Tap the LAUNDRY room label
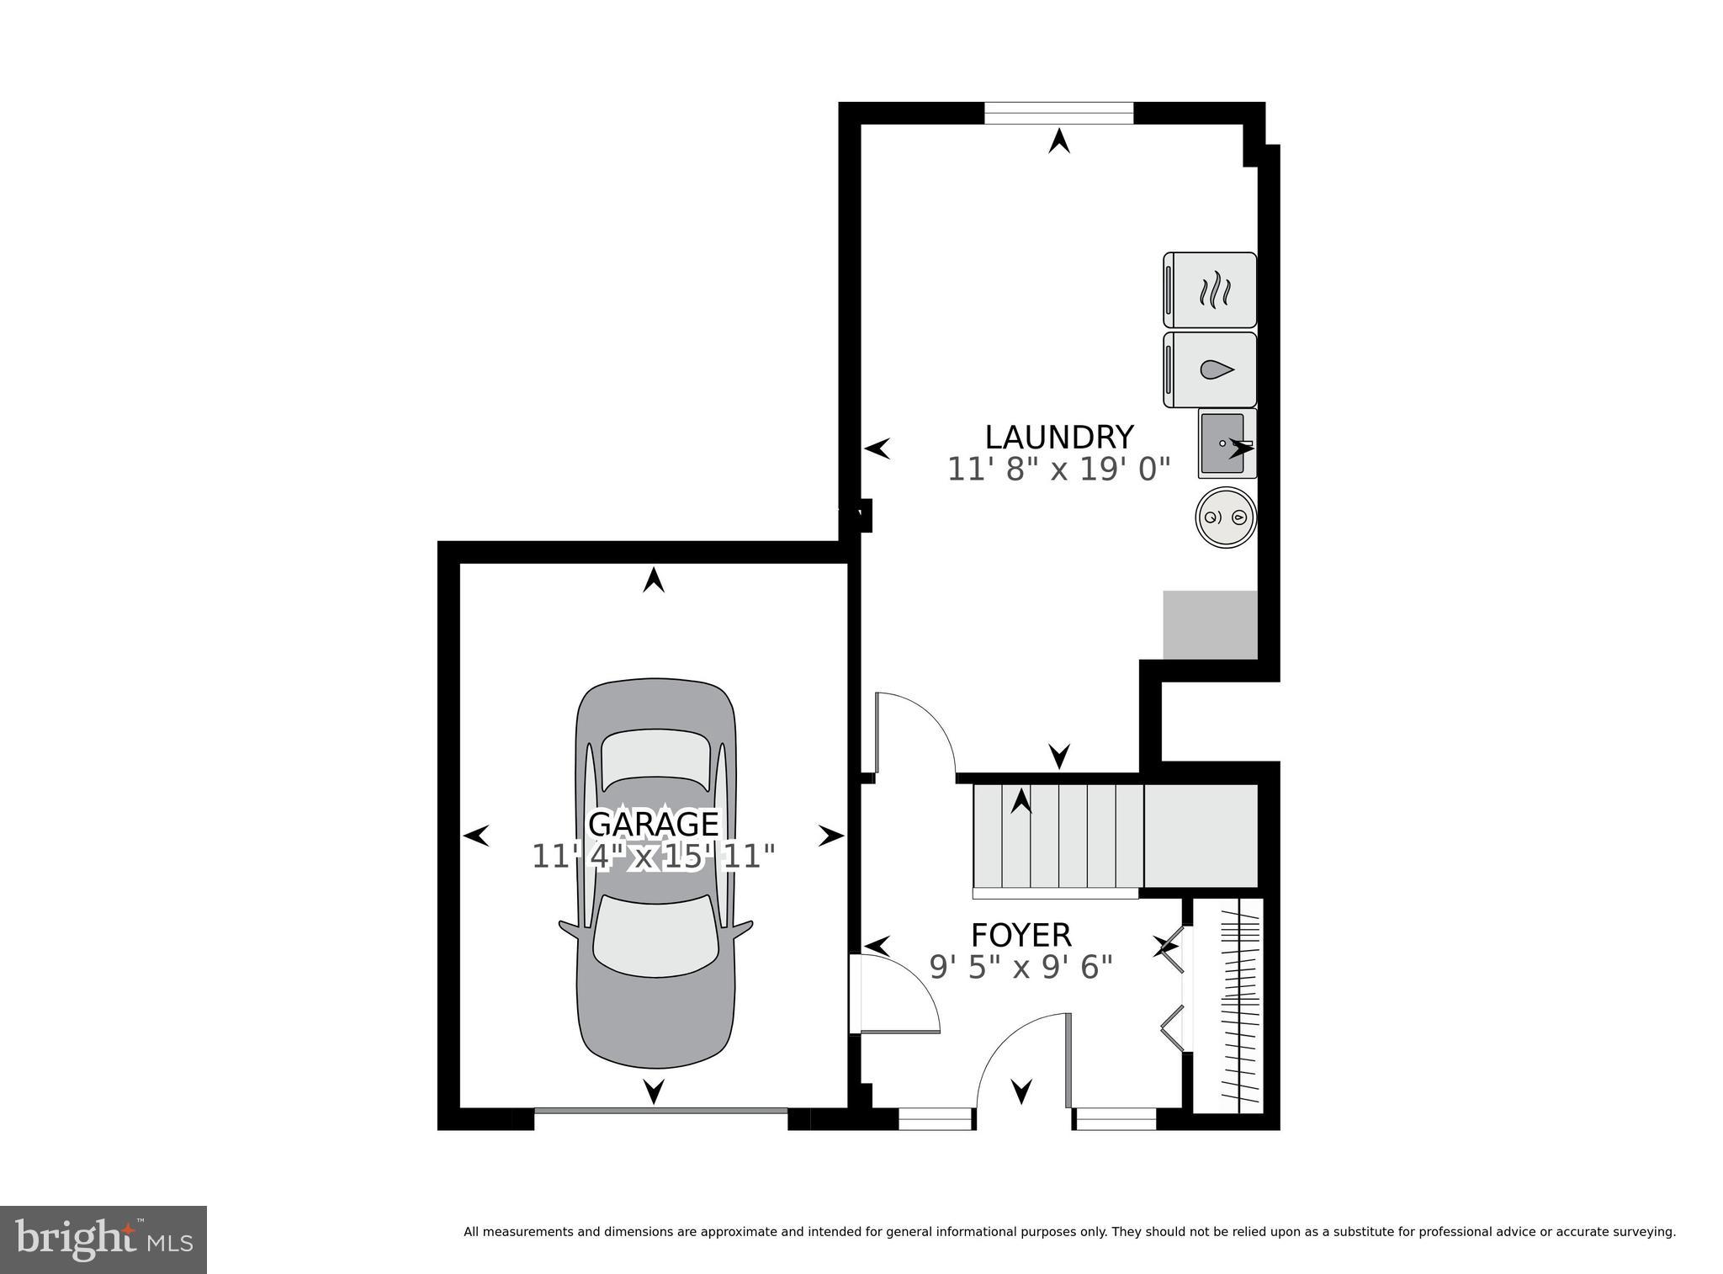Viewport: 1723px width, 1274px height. point(1059,438)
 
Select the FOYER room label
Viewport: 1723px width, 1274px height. point(1021,936)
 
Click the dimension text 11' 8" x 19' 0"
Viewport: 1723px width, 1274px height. point(1059,470)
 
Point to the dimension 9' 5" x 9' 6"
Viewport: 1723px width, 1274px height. point(1021,968)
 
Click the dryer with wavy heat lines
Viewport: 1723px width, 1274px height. point(1210,290)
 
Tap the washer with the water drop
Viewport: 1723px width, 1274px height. point(1210,370)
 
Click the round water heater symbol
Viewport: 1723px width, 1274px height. point(1226,518)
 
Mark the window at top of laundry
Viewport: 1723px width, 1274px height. point(1059,113)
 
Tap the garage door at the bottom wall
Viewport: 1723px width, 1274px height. point(660,1111)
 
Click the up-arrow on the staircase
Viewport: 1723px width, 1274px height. point(1021,800)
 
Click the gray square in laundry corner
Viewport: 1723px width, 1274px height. point(1210,625)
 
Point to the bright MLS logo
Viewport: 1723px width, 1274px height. point(103,1239)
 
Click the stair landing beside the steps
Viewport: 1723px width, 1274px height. point(1201,836)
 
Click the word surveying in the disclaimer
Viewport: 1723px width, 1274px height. point(1645,1232)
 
